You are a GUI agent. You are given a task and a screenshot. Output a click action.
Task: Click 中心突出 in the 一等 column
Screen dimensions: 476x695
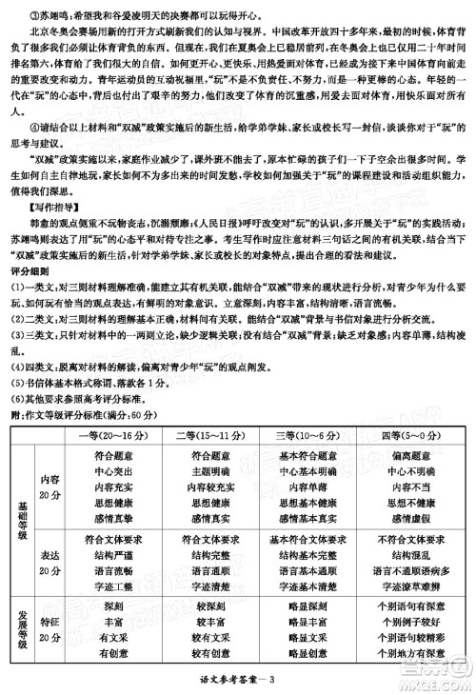tap(115, 470)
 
